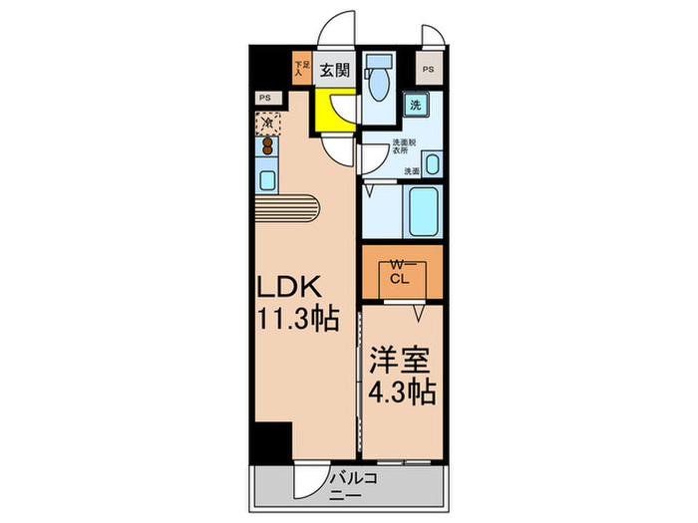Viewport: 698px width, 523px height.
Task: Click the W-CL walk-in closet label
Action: [400, 272]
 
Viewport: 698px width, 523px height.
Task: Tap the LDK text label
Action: [290, 286]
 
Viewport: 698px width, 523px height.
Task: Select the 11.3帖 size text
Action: [296, 320]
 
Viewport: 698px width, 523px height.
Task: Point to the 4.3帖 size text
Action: [402, 392]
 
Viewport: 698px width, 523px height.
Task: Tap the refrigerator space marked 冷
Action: [267, 123]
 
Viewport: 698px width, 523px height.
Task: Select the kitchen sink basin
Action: [267, 180]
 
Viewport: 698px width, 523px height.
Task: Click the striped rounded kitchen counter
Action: [289, 209]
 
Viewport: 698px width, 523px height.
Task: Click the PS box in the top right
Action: [429, 70]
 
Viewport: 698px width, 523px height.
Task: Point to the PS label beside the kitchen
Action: [265, 98]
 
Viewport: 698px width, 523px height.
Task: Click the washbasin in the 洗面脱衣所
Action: [433, 162]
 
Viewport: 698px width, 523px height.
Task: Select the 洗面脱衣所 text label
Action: [402, 149]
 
